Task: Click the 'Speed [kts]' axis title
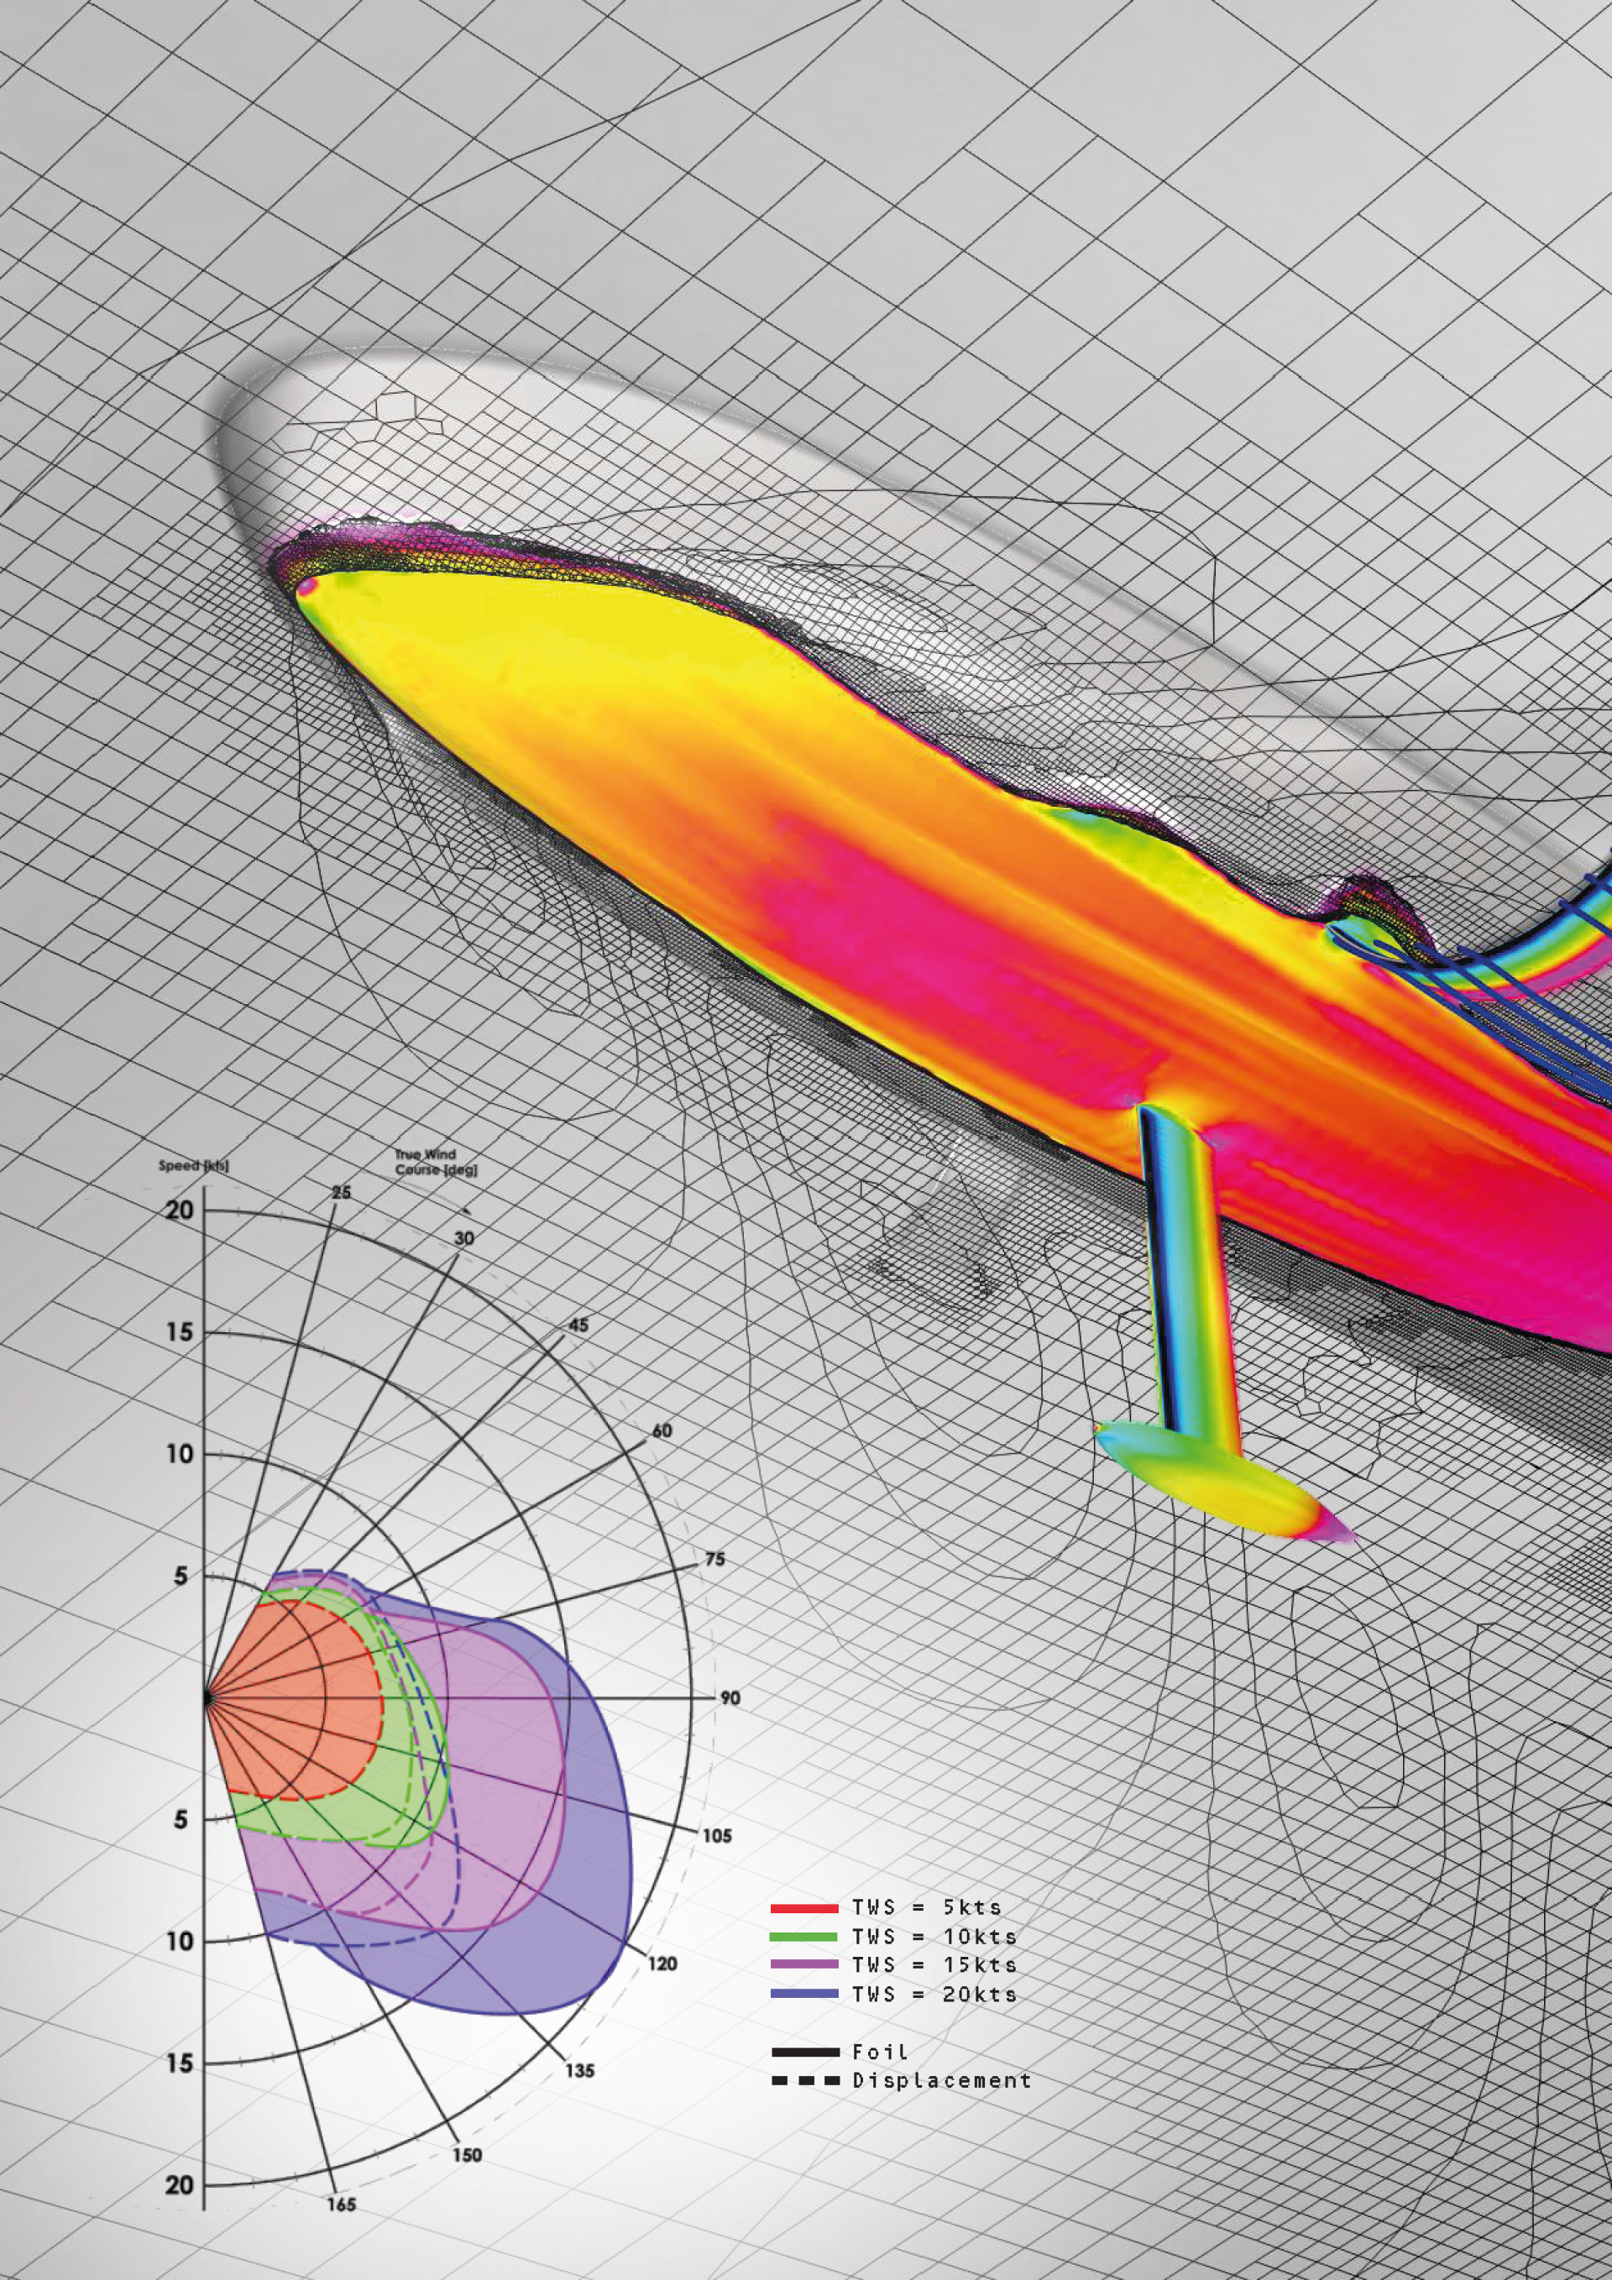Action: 194,1165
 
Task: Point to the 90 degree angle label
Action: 730,1698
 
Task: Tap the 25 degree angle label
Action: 341,1192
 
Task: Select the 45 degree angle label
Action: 578,1325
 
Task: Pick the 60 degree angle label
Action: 662,1431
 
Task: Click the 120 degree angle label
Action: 662,1964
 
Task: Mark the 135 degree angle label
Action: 580,2070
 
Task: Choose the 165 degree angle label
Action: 341,2204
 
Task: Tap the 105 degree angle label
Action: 716,1836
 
